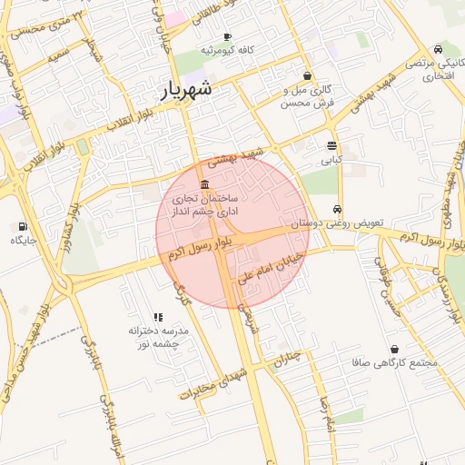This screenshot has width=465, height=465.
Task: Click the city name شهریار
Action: pyautogui.click(x=187, y=90)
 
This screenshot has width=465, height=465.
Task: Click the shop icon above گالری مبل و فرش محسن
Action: pyautogui.click(x=308, y=76)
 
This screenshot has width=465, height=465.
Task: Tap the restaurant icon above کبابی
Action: pyautogui.click(x=331, y=145)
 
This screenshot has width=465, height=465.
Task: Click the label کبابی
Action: pyautogui.click(x=331, y=159)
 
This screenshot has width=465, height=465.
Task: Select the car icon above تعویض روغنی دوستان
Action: pyautogui.click(x=338, y=209)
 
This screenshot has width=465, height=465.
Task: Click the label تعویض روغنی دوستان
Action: pyautogui.click(x=338, y=223)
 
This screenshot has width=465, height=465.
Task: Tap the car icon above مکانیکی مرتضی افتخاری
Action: pyautogui.click(x=439, y=48)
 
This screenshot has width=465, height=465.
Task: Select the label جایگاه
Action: pyautogui.click(x=22, y=241)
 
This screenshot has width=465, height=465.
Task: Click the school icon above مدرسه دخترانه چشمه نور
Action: pyautogui.click(x=158, y=318)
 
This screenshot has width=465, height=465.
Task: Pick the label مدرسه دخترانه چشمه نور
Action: pyautogui.click(x=159, y=338)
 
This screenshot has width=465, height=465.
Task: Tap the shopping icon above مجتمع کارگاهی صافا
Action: pyautogui.click(x=394, y=349)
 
